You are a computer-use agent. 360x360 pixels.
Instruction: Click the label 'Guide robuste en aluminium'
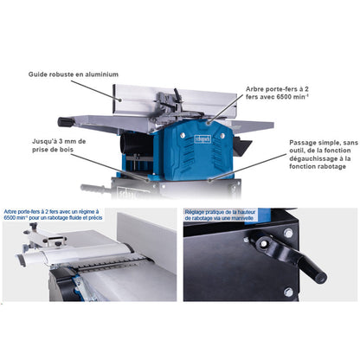(x=74, y=74)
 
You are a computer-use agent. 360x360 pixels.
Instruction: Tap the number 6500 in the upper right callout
(x=283, y=97)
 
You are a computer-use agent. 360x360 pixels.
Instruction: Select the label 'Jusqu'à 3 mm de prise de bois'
(x=59, y=145)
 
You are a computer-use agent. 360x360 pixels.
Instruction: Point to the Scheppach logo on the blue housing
(x=203, y=139)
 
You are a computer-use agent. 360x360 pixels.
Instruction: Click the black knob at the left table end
(x=64, y=122)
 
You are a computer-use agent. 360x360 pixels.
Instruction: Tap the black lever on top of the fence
(x=177, y=95)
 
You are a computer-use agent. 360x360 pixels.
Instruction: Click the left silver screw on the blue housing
(x=183, y=135)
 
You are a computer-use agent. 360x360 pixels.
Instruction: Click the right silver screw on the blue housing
(x=222, y=135)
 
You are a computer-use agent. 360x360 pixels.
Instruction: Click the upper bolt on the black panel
(x=288, y=233)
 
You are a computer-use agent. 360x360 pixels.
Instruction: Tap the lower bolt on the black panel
(x=288, y=292)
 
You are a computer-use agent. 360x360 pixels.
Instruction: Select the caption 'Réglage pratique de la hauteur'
(x=221, y=212)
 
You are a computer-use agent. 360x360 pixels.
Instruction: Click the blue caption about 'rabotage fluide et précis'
(x=53, y=215)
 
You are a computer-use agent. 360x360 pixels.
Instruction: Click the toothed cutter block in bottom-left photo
(x=112, y=263)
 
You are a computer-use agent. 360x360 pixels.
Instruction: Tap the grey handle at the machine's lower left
(x=93, y=189)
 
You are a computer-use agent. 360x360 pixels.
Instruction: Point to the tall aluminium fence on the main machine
(x=175, y=100)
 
